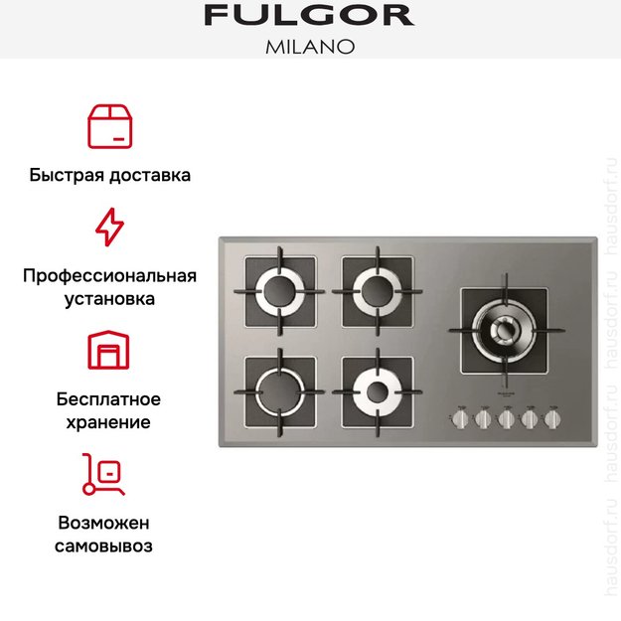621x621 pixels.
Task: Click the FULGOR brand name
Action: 309,16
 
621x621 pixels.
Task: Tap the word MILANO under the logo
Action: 310,47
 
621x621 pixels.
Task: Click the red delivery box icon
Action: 109,125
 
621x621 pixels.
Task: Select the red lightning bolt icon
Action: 109,227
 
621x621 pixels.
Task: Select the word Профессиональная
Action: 109,275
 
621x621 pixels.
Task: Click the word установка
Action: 109,298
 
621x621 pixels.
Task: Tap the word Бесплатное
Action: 109,399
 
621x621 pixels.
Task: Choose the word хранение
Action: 109,422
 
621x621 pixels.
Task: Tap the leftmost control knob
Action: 460,419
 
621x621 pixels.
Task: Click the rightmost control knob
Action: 552,419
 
